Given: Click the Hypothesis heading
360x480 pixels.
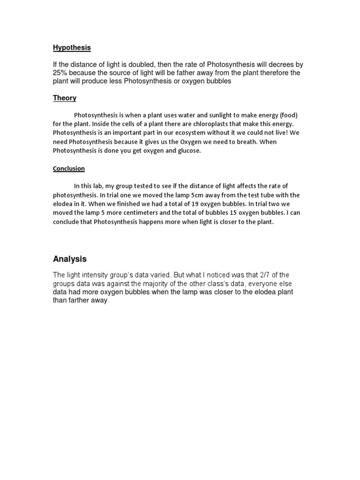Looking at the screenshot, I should click(72, 48).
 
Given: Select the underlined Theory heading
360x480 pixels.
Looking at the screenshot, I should click(65, 98).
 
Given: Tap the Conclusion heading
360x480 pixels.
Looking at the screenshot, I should click(68, 169).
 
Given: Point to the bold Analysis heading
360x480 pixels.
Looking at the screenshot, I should click(70, 259).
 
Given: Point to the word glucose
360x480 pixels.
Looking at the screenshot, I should click(188, 150).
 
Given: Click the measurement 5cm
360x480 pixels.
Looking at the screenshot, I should click(194, 195).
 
